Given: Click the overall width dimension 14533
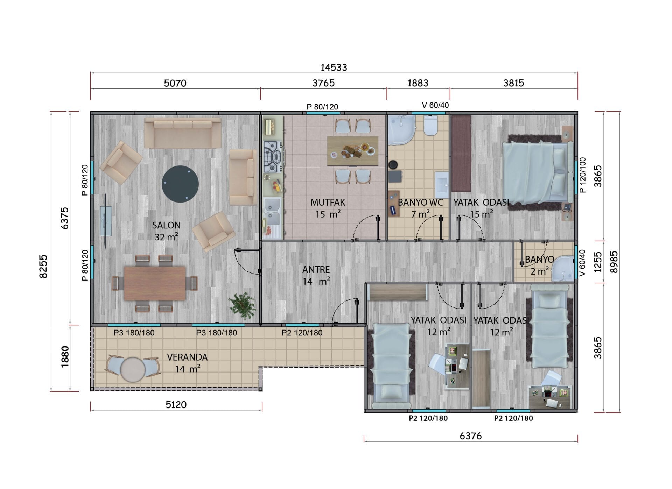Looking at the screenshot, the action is pyautogui.click(x=334, y=67).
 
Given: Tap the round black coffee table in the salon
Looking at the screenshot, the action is pyautogui.click(x=180, y=184).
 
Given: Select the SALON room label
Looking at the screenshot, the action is pyautogui.click(x=166, y=225).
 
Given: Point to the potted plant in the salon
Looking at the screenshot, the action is pyautogui.click(x=242, y=305).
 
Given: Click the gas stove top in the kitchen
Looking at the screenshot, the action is pyautogui.click(x=273, y=157).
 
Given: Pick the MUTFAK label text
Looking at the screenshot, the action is pyautogui.click(x=328, y=203).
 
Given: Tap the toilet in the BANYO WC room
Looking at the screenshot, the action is pyautogui.click(x=430, y=125).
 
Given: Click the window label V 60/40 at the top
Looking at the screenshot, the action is pyautogui.click(x=435, y=105).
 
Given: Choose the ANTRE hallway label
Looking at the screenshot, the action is pyautogui.click(x=316, y=270).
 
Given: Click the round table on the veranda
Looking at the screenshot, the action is pyautogui.click(x=133, y=369).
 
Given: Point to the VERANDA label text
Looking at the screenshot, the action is pyautogui.click(x=187, y=357).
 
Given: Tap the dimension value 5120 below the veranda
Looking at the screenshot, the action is pyautogui.click(x=176, y=405).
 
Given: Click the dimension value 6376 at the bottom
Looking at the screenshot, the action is pyautogui.click(x=471, y=436).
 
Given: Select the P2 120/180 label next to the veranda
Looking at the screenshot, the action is pyautogui.click(x=302, y=333).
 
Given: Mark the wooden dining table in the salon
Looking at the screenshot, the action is pyautogui.click(x=155, y=283).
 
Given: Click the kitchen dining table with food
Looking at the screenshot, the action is pyautogui.click(x=352, y=151).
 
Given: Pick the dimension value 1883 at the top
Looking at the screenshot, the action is pyautogui.click(x=418, y=83).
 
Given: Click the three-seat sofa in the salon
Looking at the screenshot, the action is pyautogui.click(x=183, y=133).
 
